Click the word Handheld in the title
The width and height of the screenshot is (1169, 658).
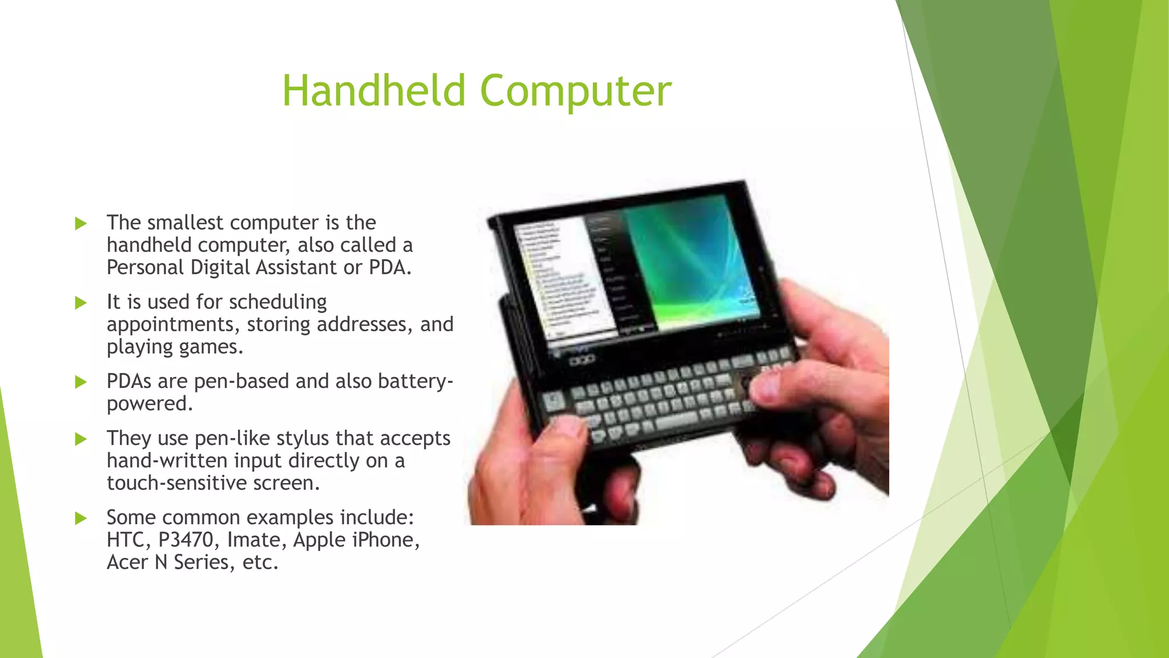[x=374, y=91]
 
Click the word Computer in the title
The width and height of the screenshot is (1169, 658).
[x=575, y=91]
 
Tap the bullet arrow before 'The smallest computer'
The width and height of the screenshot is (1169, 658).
[x=80, y=223]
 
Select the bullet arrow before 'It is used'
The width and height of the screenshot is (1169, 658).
[x=80, y=303]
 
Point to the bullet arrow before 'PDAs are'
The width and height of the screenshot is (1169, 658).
[x=80, y=382]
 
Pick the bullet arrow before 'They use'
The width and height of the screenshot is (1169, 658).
[x=80, y=439]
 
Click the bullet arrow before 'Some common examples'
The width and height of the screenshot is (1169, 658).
[x=80, y=519]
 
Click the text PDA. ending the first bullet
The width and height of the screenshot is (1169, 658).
[x=390, y=267]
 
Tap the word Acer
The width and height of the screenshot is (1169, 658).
[x=127, y=563]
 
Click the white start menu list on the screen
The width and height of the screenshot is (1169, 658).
[x=562, y=280]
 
